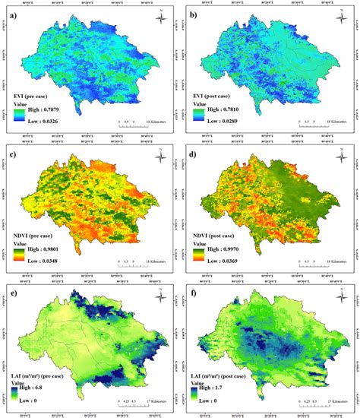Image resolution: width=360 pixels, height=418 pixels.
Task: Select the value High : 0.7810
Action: click(x=226, y=110)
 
